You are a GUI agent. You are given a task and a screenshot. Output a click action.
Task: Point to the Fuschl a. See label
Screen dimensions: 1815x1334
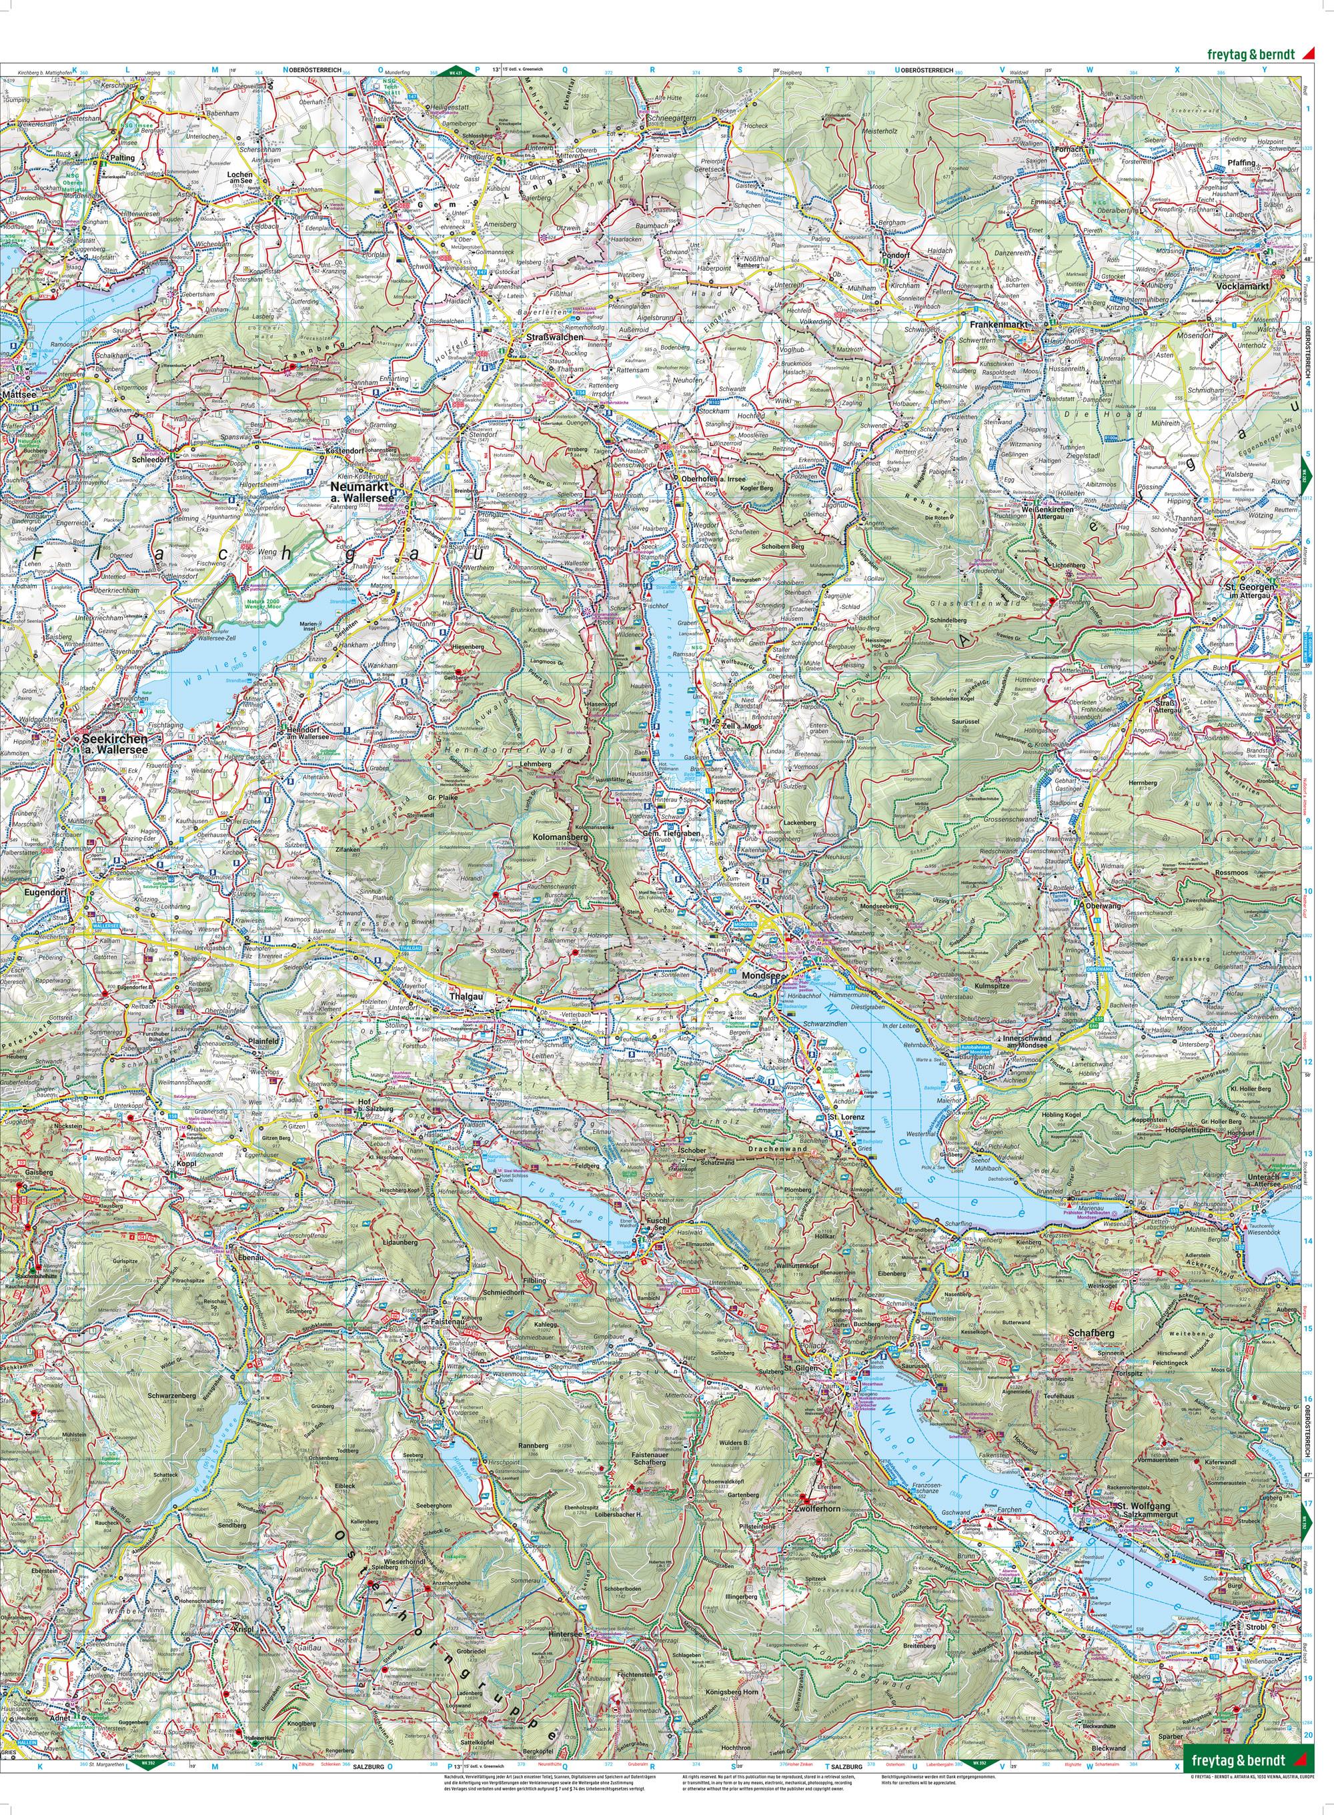pos(654,1224)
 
